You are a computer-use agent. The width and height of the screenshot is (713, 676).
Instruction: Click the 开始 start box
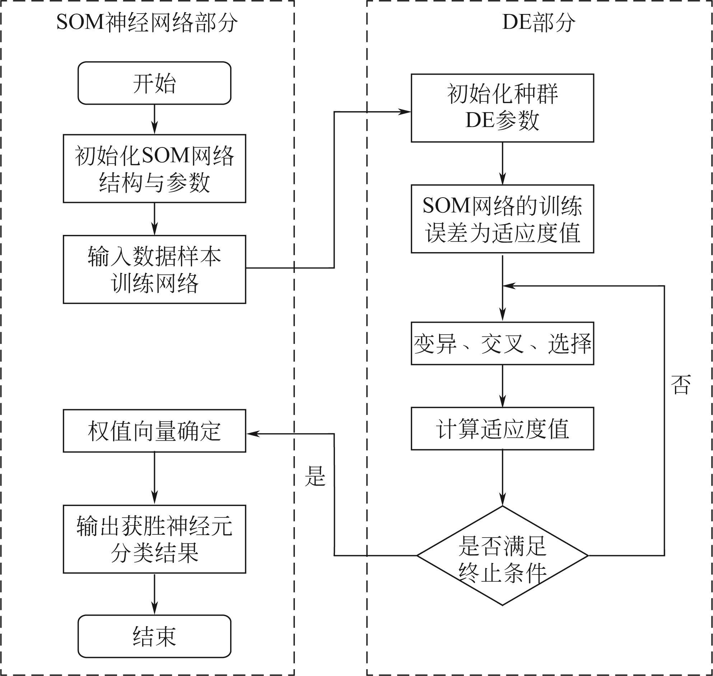(154, 83)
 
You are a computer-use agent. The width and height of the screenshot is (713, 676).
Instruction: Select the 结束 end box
(154, 636)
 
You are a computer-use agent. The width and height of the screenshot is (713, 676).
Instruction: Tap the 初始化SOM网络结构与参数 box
(154, 169)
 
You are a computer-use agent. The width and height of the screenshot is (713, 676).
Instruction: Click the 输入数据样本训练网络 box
(154, 270)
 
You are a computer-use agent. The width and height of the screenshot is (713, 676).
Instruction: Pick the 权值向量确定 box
(154, 431)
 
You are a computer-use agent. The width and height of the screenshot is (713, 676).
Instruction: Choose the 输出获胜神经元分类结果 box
(154, 539)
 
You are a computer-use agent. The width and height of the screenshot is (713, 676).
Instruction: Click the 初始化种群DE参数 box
(502, 108)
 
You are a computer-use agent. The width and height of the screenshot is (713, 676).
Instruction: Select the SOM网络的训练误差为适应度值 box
(502, 219)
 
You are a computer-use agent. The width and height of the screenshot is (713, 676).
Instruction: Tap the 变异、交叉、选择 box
(502, 344)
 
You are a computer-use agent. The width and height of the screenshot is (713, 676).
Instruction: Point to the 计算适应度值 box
(502, 429)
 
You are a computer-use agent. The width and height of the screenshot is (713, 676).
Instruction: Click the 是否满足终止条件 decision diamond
(502, 556)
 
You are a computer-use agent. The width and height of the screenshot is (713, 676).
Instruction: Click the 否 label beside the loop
(681, 384)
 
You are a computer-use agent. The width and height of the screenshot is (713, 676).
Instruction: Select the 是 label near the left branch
(315, 476)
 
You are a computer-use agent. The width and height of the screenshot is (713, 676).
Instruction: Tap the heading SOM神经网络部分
(147, 22)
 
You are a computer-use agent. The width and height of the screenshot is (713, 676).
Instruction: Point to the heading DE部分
(539, 22)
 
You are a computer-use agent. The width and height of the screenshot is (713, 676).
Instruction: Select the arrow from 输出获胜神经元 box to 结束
(154, 594)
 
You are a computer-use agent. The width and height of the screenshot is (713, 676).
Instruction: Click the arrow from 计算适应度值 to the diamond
(502, 478)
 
